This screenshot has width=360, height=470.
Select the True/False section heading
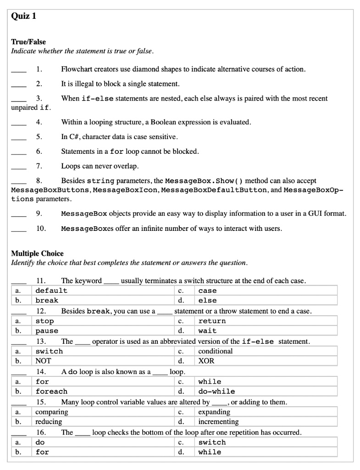(x=28, y=42)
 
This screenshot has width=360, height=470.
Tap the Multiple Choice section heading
(x=37, y=253)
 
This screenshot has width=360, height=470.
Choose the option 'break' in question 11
(x=47, y=300)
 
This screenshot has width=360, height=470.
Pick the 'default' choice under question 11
(x=51, y=291)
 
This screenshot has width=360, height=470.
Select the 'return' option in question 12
(x=212, y=321)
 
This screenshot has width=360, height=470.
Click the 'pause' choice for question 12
(x=47, y=330)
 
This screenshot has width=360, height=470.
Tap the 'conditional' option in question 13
(x=215, y=351)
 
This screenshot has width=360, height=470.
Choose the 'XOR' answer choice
(x=206, y=361)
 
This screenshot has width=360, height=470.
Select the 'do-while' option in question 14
(x=216, y=391)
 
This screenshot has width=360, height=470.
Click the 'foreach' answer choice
(x=51, y=391)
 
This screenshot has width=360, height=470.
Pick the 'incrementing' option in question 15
(x=218, y=421)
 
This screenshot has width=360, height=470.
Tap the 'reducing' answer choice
(x=49, y=421)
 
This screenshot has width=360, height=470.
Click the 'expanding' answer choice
(x=214, y=412)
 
